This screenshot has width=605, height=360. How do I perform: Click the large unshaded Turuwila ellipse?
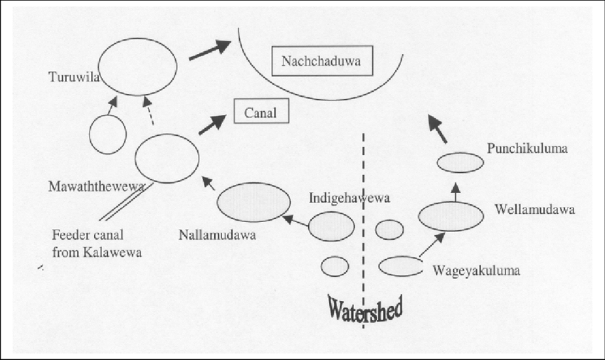pos(137,66)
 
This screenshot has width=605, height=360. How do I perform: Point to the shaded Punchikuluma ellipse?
pos(460,162)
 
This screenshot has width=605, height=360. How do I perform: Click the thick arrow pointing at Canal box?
pos(210,125)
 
